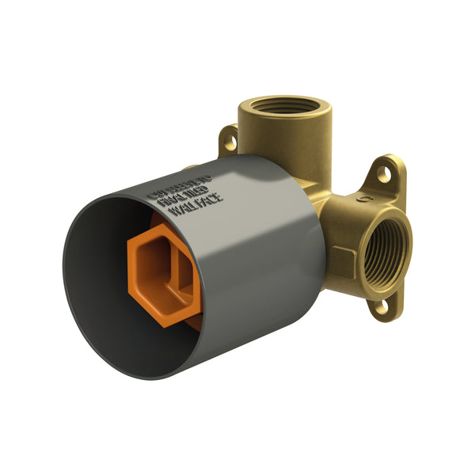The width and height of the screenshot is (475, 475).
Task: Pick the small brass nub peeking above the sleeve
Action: pos(191,169)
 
